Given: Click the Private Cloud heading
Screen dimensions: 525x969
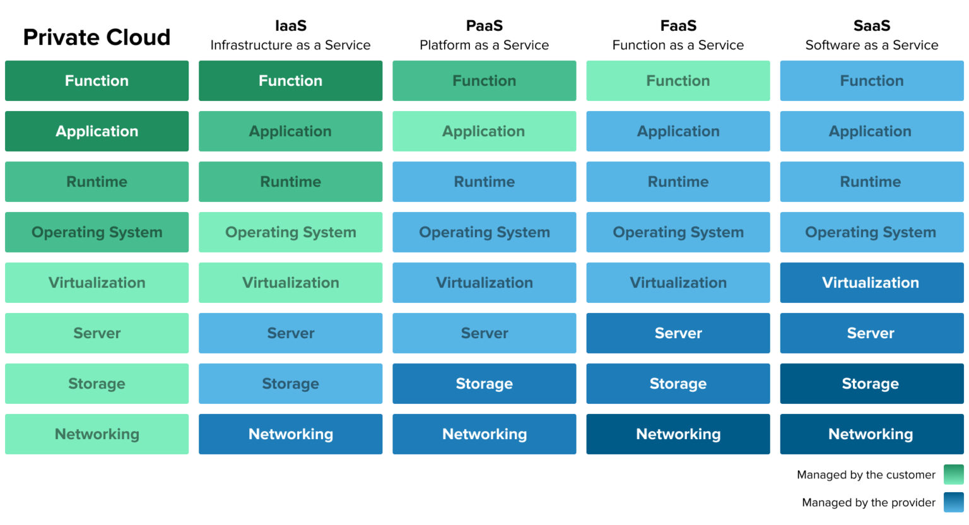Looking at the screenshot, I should tap(97, 37).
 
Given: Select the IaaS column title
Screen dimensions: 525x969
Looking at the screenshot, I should tap(290, 26).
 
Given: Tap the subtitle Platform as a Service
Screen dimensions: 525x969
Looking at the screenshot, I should tap(484, 45).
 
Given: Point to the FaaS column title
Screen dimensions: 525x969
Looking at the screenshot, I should tap(678, 26).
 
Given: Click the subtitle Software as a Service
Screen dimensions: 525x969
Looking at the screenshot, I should tap(871, 45).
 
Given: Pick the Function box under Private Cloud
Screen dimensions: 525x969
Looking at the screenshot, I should tap(97, 81).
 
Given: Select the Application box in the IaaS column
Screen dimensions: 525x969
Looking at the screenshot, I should tap(290, 131).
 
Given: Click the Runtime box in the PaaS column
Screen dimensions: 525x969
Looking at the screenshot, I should tap(484, 182).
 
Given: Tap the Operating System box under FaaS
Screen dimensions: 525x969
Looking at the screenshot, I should tap(678, 232).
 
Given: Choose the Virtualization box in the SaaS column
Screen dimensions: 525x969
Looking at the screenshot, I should tap(871, 283).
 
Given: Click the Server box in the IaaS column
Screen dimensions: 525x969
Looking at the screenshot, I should tap(290, 333).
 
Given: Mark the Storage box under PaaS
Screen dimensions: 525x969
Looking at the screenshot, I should tap(484, 384).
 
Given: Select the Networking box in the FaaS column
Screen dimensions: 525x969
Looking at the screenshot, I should tap(678, 434).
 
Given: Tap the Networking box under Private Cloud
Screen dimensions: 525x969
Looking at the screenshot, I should tap(97, 434).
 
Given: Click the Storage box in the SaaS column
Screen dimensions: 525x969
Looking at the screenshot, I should tap(871, 384).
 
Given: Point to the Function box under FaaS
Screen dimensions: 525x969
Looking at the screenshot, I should tap(678, 81).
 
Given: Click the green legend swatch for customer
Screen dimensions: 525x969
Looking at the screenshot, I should tap(953, 475).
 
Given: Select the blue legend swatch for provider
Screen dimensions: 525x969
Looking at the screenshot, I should tap(953, 502).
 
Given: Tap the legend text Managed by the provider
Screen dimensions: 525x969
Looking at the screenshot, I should tap(868, 502).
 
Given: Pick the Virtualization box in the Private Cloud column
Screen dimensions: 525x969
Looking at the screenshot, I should tap(97, 283).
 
